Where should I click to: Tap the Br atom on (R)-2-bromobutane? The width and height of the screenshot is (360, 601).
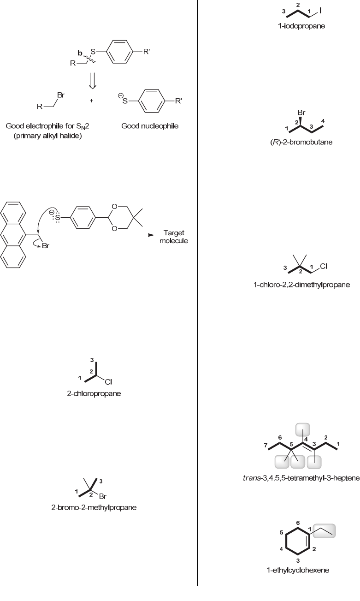point(302,112)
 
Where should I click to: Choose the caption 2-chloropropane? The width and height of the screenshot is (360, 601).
point(99,394)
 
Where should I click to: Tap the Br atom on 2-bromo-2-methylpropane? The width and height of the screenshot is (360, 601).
point(103,497)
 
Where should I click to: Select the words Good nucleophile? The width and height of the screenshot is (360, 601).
point(143,126)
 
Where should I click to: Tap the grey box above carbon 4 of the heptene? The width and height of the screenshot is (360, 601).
point(303,429)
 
